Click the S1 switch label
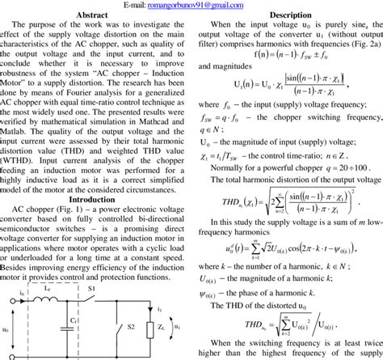tap(90, 289)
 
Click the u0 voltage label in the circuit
tap(6, 328)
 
